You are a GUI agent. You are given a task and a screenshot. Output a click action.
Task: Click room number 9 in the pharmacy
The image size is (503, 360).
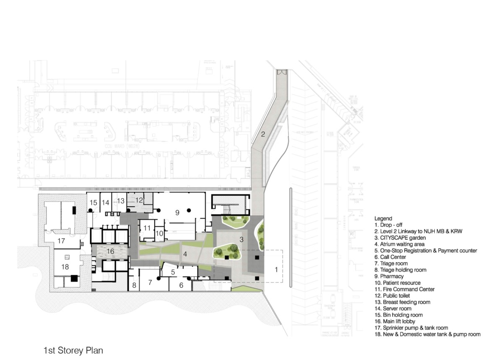177,213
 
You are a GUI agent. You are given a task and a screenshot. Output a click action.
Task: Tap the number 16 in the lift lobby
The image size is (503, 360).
110,251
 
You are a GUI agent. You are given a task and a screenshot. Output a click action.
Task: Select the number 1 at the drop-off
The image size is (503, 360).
276,270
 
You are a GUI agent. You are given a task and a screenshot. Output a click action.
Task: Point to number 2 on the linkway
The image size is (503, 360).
263,135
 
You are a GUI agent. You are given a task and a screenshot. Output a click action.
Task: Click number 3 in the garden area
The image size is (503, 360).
241,239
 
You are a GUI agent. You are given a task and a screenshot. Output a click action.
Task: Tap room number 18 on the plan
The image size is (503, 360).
65,267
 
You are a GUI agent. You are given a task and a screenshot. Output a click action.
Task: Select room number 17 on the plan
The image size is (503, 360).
61,241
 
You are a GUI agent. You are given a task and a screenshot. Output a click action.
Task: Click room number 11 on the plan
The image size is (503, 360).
147,228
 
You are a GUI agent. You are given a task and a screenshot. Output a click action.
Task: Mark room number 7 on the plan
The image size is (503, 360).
150,283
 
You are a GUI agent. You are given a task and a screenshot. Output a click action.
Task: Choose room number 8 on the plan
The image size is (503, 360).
134,285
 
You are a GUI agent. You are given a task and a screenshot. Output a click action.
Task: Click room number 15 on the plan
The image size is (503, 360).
93,203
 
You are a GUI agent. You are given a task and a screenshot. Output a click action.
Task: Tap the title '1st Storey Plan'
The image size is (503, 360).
73,350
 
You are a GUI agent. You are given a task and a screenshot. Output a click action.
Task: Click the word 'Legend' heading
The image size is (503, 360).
383,218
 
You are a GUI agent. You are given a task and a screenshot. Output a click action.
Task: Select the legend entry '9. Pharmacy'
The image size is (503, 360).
389,277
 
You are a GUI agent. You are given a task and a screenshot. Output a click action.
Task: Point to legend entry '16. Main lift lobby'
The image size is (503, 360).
399,321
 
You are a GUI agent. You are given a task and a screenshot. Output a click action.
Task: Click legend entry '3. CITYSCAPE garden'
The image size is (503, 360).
402,238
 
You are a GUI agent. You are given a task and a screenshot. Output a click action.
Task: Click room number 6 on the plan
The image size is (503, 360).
181,285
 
